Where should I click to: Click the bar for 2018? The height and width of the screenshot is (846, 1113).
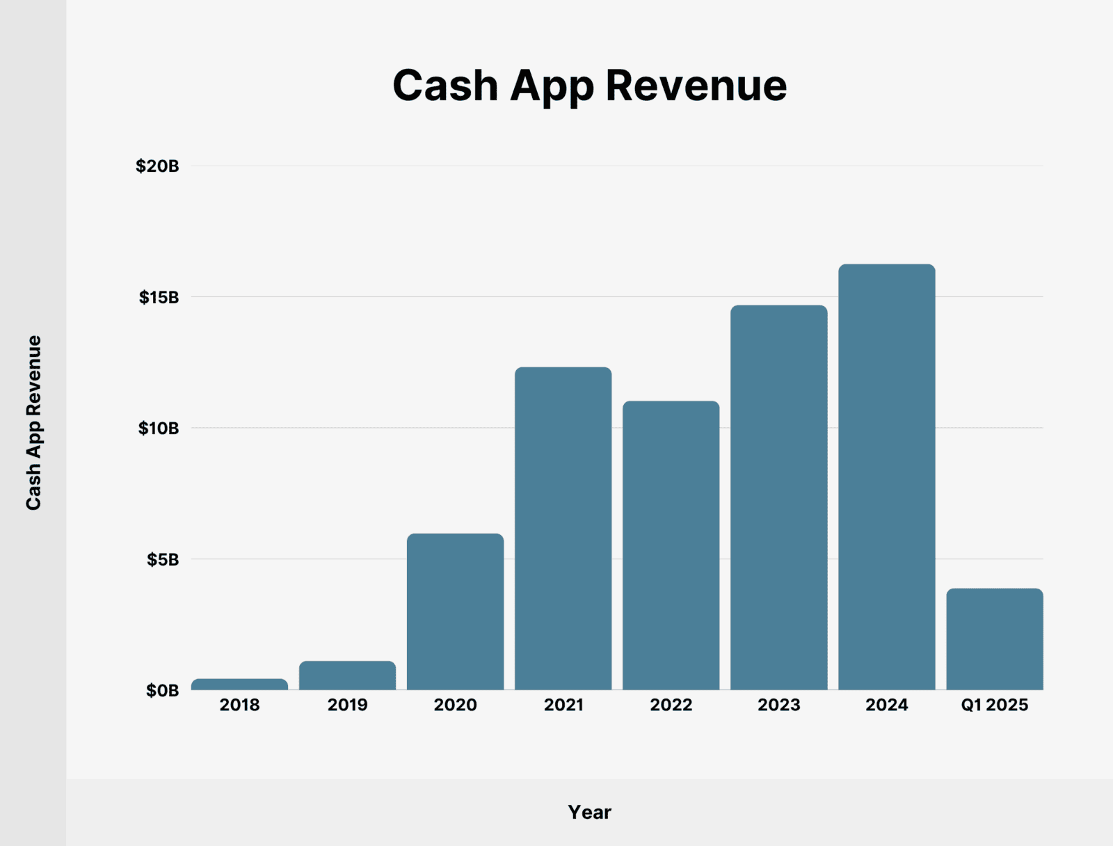click(x=239, y=684)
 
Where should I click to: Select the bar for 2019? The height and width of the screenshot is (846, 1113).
click(x=347, y=676)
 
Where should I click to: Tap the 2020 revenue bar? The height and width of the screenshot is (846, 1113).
click(x=455, y=612)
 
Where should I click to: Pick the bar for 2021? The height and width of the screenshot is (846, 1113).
click(x=563, y=529)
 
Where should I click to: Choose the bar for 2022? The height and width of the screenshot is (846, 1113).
click(x=671, y=545)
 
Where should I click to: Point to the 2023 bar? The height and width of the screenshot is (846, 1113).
click(x=778, y=497)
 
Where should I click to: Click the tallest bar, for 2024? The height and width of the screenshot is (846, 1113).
click(x=886, y=477)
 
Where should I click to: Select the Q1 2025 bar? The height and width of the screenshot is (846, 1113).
click(x=994, y=639)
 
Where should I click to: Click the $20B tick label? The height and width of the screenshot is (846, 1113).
click(x=157, y=166)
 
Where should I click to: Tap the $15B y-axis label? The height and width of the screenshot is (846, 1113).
click(x=159, y=298)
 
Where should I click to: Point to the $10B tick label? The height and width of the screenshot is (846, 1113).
click(x=159, y=429)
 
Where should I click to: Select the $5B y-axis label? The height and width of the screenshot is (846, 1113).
click(x=163, y=559)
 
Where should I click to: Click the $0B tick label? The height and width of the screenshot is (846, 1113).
click(x=162, y=691)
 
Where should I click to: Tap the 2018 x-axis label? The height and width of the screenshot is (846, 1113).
click(x=239, y=705)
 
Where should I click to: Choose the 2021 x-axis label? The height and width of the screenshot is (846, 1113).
click(x=563, y=705)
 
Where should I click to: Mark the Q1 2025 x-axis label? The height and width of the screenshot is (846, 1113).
click(x=994, y=705)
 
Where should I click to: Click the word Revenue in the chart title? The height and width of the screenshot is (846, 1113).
click(x=696, y=86)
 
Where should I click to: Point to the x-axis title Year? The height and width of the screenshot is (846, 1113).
click(x=589, y=813)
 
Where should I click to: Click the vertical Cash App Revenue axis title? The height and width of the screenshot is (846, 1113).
click(x=34, y=423)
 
